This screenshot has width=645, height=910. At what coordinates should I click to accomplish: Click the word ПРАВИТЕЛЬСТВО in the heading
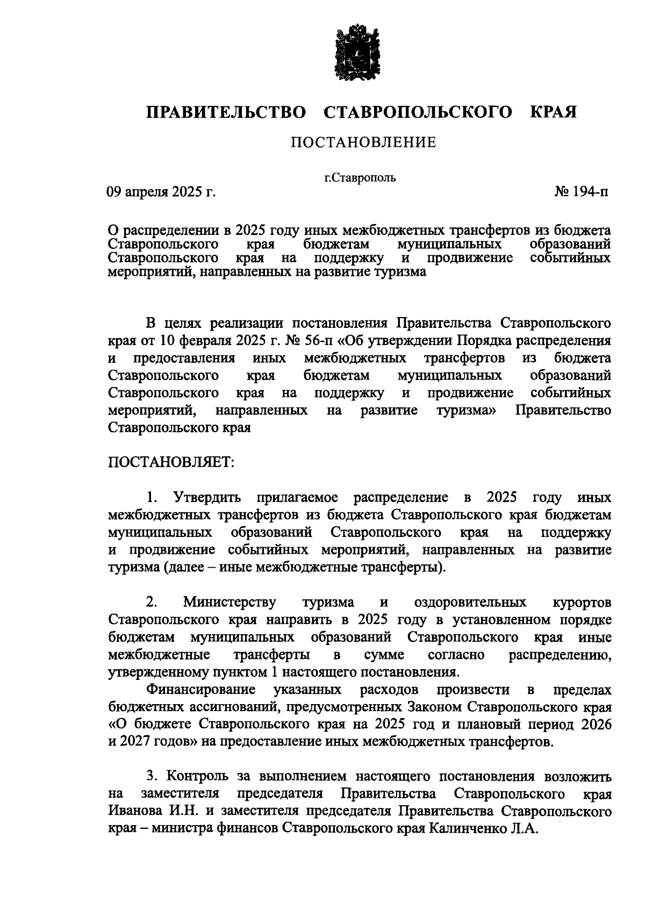point(227,113)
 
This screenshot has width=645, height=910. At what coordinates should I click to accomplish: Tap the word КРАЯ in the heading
point(554,113)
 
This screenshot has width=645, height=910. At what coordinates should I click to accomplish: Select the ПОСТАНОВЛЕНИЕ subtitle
point(363,142)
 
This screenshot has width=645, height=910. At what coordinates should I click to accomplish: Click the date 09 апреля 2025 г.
point(161,192)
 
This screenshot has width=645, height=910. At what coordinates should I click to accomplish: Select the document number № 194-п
point(581,192)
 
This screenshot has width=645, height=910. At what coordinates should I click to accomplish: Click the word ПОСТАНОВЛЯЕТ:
point(171,463)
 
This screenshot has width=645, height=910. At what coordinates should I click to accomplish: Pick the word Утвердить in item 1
point(206,497)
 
